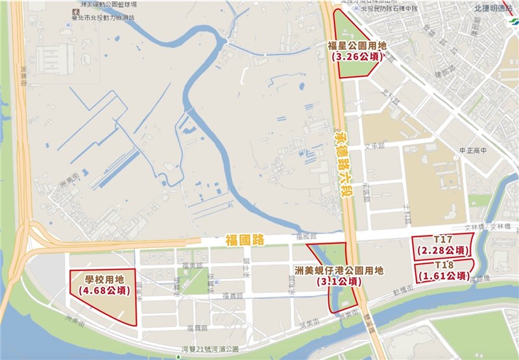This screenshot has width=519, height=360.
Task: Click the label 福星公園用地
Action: click(x=357, y=46)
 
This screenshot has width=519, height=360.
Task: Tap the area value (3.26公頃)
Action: click(x=357, y=57)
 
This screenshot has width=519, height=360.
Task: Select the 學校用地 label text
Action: click(x=103, y=280)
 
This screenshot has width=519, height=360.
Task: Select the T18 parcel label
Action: click(x=444, y=265)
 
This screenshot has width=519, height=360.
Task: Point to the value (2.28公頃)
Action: click(x=443, y=250)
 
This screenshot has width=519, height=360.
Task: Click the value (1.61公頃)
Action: click(x=444, y=276)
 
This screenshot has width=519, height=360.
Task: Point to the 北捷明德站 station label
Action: click(x=486, y=8)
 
